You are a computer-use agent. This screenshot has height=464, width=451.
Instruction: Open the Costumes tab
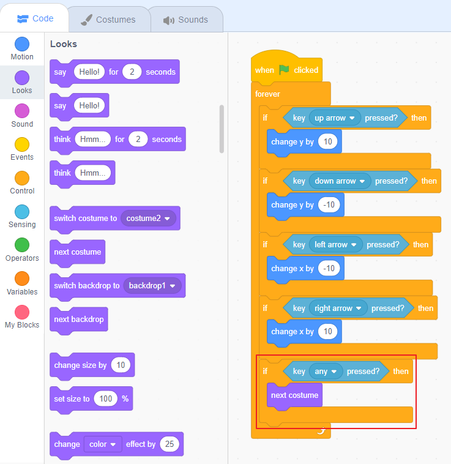pos(108,20)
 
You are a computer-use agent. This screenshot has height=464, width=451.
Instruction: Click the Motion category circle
pos(22,44)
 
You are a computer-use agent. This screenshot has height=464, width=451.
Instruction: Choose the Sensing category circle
pos(22,212)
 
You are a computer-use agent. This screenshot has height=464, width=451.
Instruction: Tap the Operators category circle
pos(22,245)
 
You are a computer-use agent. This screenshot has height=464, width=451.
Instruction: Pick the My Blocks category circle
pos(22,312)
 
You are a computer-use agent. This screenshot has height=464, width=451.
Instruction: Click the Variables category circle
pos(22,279)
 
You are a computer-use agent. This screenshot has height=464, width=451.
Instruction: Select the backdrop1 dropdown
pos(152,286)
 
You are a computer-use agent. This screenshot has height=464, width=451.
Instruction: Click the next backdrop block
pos(79,320)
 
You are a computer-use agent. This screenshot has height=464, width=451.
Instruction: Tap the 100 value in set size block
pos(106,399)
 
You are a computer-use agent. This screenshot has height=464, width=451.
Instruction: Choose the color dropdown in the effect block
pos(102,444)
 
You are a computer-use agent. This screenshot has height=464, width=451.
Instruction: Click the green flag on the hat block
pos(284,70)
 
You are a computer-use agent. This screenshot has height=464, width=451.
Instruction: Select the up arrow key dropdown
pos(334,118)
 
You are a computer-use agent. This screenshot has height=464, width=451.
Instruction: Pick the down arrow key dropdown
pos(339,181)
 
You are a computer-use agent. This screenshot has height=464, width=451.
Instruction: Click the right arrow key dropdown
pos(337,309)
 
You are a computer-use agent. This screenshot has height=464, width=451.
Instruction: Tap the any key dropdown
pos(325,372)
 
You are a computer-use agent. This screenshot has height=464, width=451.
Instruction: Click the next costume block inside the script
pos(294,395)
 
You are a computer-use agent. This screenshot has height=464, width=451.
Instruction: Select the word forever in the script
pos(267,94)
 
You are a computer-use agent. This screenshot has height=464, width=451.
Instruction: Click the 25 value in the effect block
pos(170,444)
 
